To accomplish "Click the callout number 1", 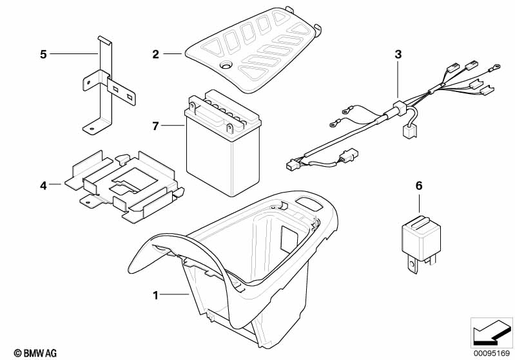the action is [156, 296].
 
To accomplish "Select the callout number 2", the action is [156, 54].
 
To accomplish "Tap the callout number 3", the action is [398, 54].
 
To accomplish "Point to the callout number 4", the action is [43, 185].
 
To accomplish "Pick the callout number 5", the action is [43, 54].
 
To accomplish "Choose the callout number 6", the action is [419, 185].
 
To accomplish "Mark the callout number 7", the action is [156, 126].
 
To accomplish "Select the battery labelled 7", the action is [222, 143].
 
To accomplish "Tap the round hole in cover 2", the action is [226, 65].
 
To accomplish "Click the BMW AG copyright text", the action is [35, 353].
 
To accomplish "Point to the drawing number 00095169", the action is [492, 354].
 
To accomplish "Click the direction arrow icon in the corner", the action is [492, 333].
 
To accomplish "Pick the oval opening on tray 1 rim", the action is [310, 202].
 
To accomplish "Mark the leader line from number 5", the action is [74, 54].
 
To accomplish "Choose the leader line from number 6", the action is [419, 204].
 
